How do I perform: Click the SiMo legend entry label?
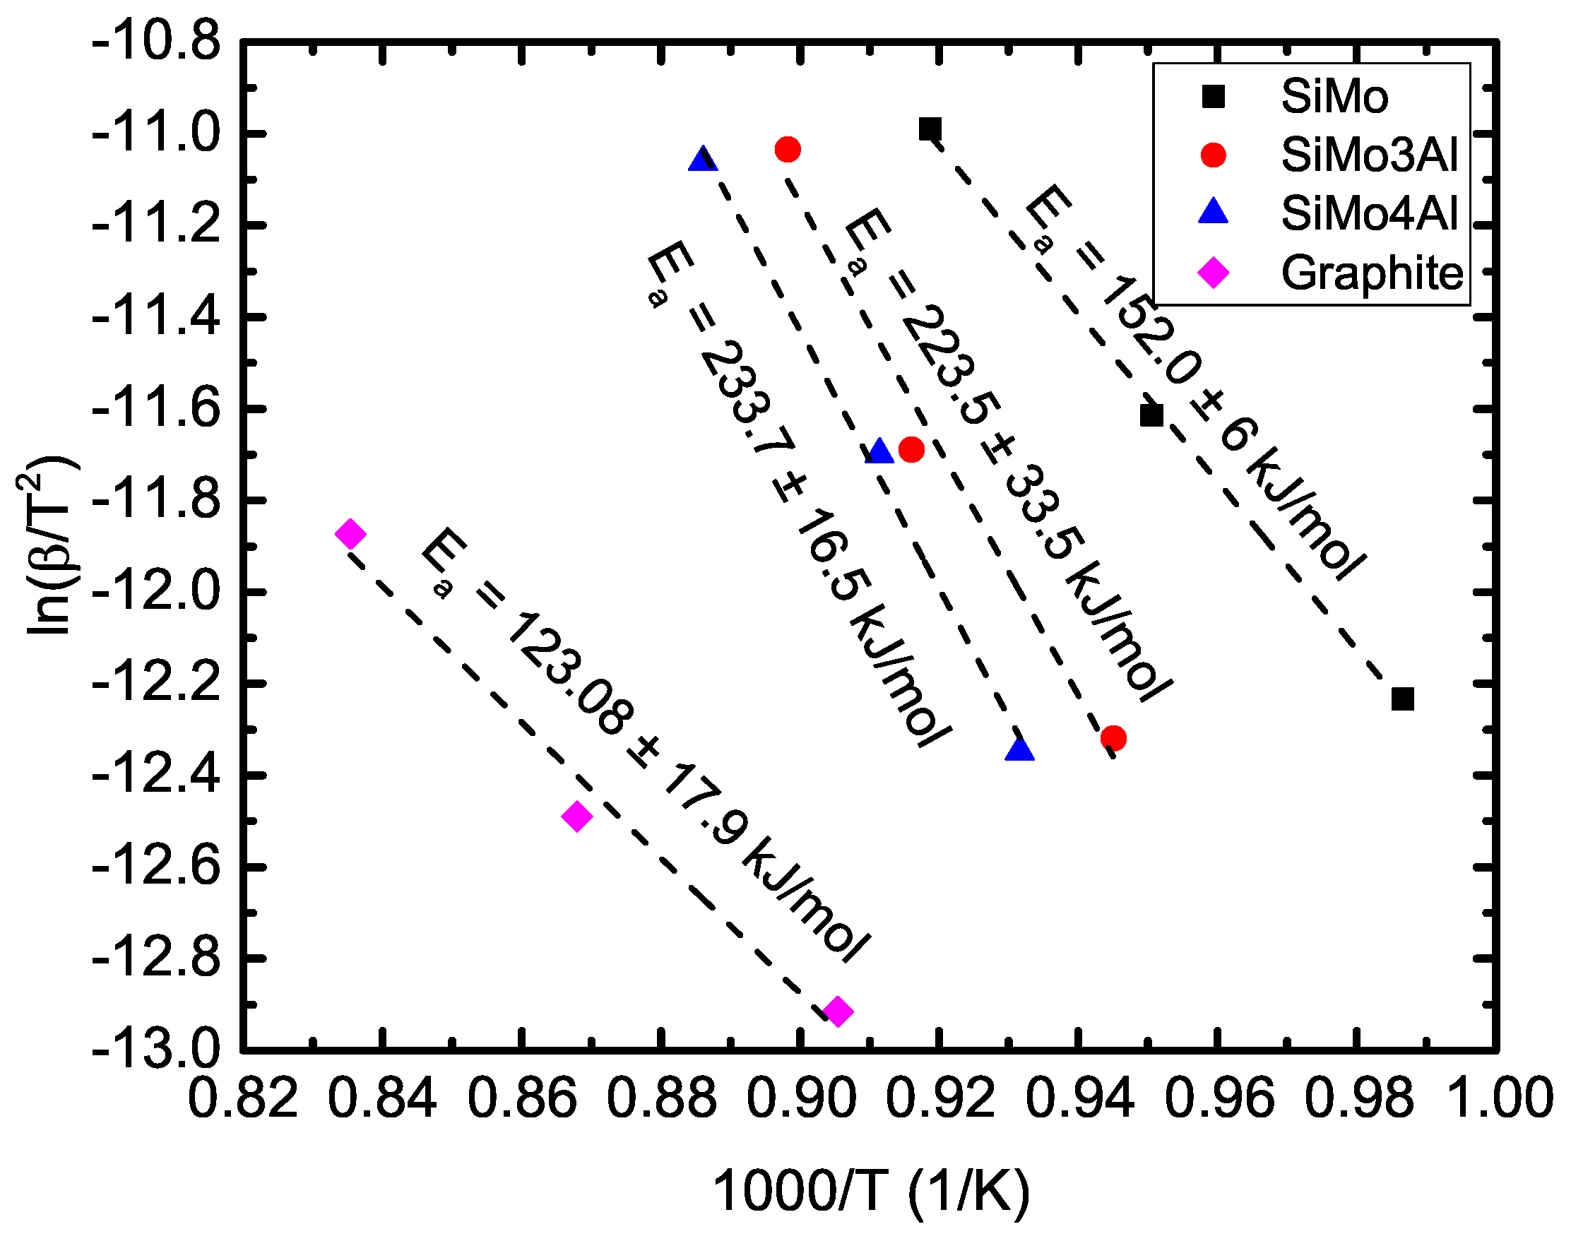[1334, 97]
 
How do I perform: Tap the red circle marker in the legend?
[1213, 155]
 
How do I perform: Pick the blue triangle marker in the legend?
[1213, 212]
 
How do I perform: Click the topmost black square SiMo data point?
[930, 129]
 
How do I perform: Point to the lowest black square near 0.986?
[1402, 699]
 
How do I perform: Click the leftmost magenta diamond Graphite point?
[350, 534]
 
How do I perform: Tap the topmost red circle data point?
[788, 150]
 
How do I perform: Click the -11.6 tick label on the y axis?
[155, 410]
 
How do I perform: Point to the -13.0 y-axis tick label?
[155, 1050]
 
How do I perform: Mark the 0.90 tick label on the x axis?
[801, 1098]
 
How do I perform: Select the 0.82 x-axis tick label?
[243, 1098]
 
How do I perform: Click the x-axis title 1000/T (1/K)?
[871, 1192]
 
